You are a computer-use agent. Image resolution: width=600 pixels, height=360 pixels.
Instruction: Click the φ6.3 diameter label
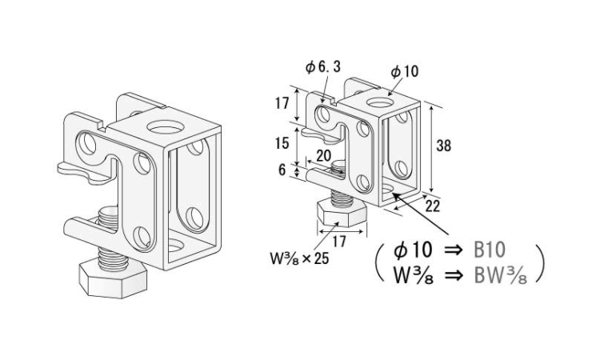pyautogui.click(x=323, y=66)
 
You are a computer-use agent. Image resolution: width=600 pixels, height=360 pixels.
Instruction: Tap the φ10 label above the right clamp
pyautogui.click(x=404, y=71)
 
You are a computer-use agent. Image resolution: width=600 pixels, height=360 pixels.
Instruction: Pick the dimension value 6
pyautogui.click(x=282, y=170)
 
